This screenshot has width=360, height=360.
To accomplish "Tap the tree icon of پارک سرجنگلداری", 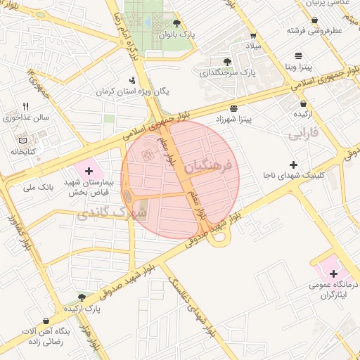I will point(226,62).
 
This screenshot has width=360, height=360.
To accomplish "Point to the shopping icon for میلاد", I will point(254,36).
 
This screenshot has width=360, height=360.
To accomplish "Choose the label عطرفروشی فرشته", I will point(312,31).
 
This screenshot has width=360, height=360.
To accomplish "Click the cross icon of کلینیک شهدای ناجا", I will point(293,164).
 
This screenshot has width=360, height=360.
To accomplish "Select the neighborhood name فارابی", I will point(303,132).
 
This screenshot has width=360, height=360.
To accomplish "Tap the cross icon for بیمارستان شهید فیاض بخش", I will point(88,170).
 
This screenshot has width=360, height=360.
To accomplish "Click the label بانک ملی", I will point(39,188).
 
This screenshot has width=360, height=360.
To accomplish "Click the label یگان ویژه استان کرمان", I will point(134,92).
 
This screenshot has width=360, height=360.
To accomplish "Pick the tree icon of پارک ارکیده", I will point(82,298).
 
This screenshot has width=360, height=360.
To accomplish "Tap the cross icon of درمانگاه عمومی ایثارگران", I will point(333,273).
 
